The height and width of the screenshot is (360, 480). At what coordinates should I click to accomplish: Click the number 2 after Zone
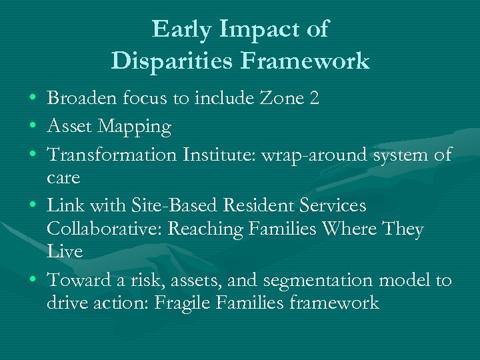[x=314, y=99]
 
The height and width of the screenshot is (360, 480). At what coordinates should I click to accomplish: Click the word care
[x=63, y=178]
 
